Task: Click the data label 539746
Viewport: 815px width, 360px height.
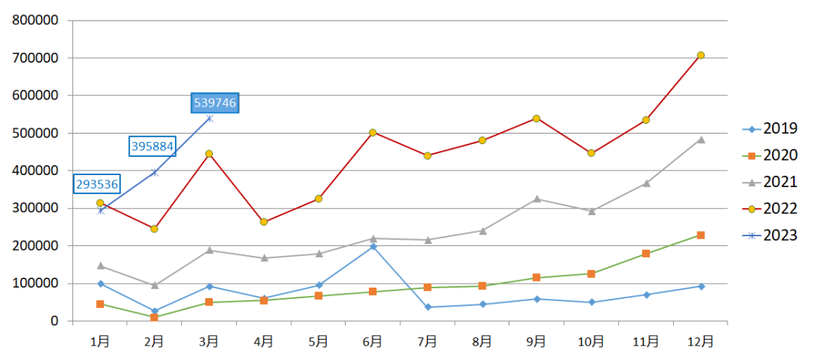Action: pos(216,103)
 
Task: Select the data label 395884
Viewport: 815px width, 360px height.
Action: pos(153,146)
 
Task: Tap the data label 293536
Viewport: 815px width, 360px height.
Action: pos(97,184)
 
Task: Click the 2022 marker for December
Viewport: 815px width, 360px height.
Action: pos(700,55)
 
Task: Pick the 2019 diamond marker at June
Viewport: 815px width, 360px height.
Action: pos(373,247)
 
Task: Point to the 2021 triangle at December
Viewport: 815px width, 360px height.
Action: pos(700,140)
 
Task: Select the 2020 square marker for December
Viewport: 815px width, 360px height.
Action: pos(700,235)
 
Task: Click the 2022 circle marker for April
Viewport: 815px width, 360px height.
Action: pos(263,222)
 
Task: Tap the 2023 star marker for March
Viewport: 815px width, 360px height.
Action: pos(209,118)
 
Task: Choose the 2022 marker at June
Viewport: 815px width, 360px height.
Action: pos(373,133)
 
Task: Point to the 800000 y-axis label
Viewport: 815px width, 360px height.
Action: pos(35,20)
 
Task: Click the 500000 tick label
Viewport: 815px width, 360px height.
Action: pos(35,133)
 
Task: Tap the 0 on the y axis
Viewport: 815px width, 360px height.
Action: pos(54,322)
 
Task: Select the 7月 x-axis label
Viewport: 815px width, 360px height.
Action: pos(427,341)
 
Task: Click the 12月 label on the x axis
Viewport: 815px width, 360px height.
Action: pos(700,341)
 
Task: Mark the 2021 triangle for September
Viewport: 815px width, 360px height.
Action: pos(537,199)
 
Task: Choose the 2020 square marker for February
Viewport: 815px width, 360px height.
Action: pos(154,318)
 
